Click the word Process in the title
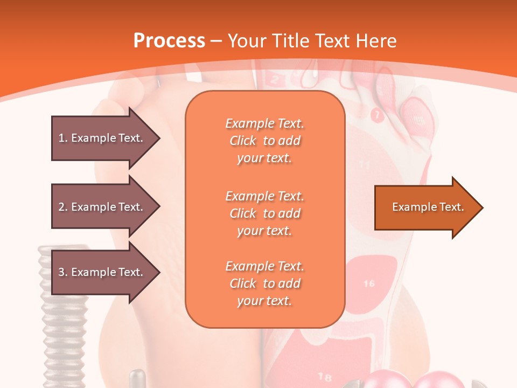tap(169, 41)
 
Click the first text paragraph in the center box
tap(264, 141)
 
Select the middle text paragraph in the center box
tap(264, 213)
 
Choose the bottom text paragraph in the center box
tap(264, 283)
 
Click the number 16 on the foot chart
tap(369, 283)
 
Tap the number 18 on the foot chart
tap(325, 376)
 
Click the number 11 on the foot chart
tap(365, 164)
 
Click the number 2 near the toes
tap(275, 80)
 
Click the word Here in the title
tap(375, 41)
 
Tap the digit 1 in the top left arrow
tap(61, 138)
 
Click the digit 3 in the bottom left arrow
tap(61, 272)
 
